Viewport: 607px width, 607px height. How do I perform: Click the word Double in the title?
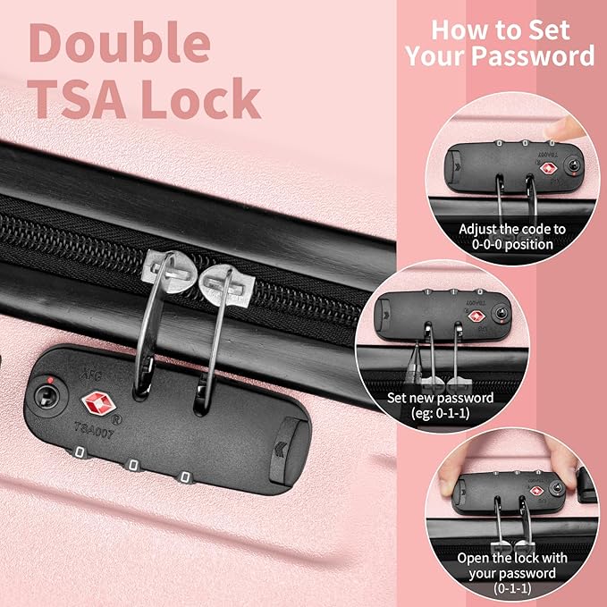[x=120, y=42]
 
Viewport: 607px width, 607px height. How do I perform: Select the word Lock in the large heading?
[x=200, y=98]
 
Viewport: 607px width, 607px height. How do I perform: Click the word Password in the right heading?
[x=533, y=56]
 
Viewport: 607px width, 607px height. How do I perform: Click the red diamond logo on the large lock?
[x=97, y=403]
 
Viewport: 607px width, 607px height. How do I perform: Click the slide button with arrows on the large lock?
[x=286, y=451]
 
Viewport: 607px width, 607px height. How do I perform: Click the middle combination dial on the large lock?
[x=133, y=465]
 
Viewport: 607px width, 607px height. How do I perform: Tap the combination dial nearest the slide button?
[x=185, y=476]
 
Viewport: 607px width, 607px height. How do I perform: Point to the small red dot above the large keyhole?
[x=50, y=380]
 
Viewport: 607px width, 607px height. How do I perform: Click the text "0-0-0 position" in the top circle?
[x=512, y=244]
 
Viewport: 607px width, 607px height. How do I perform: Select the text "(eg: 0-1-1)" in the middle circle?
[x=441, y=413]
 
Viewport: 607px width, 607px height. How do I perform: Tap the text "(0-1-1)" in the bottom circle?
[x=512, y=588]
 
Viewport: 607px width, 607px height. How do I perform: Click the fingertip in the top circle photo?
[x=563, y=128]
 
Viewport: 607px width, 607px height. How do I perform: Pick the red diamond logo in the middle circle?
[x=476, y=316]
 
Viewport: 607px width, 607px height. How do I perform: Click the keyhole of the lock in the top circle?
[x=572, y=164]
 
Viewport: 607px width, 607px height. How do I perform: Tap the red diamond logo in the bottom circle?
[x=536, y=491]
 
